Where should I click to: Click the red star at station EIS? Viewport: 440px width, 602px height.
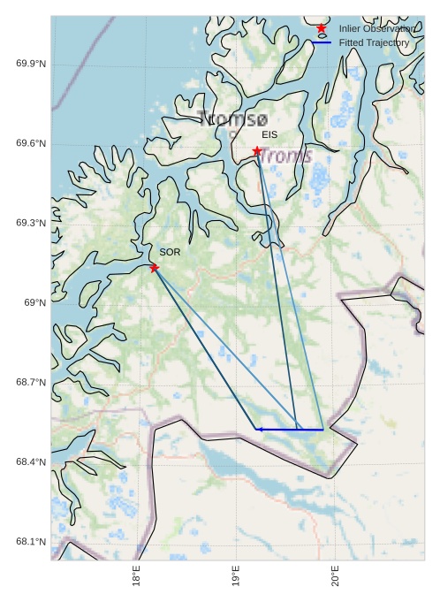(257, 150)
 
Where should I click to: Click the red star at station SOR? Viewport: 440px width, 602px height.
(155, 267)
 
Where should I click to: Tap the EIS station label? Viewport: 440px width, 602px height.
(269, 134)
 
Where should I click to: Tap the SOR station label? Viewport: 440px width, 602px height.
(170, 252)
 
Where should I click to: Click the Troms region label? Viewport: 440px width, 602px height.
(285, 156)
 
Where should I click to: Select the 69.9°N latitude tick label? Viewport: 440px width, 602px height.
(31, 65)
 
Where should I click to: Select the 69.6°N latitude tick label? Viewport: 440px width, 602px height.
(31, 144)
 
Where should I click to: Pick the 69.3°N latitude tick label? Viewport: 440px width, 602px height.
(31, 224)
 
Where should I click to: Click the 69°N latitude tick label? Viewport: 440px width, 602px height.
(34, 303)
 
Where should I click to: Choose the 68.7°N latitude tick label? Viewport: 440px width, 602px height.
(31, 383)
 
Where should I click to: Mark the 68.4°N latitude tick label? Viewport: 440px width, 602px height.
(31, 462)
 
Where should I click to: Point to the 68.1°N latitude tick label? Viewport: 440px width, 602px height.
(31, 542)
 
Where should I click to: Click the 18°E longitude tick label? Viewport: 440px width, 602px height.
(136, 575)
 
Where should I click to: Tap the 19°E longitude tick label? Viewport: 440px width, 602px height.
(236, 575)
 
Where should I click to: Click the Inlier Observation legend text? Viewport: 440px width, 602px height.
(376, 28)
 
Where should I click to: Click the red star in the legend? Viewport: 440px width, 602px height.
(322, 28)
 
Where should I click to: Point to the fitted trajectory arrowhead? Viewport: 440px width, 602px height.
(258, 430)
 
